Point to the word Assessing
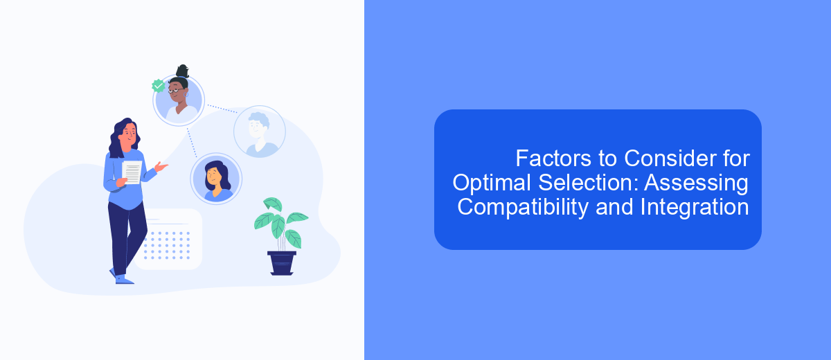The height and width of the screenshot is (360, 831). [x=696, y=184]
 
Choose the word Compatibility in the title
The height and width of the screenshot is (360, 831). [x=522, y=208]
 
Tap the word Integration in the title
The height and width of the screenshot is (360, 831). [x=694, y=208]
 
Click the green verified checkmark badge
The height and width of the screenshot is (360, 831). [x=159, y=86]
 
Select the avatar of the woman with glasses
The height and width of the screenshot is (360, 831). [x=179, y=100]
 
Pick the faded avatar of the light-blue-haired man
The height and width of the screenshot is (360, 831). [x=260, y=132]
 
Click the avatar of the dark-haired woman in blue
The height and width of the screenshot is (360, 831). [x=216, y=179]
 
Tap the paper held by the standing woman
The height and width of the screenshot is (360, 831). [x=132, y=172]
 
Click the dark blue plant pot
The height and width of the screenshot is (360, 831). [x=282, y=263]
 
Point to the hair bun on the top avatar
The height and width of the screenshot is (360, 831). [x=183, y=71]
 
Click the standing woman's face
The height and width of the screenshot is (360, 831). [x=129, y=134]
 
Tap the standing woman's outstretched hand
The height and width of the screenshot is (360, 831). [x=161, y=167]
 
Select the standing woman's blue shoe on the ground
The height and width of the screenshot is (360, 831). [x=124, y=280]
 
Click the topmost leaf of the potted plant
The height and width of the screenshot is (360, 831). [x=273, y=204]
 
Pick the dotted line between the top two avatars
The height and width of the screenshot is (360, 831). [x=222, y=109]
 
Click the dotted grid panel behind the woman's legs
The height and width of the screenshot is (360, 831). [x=169, y=239]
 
